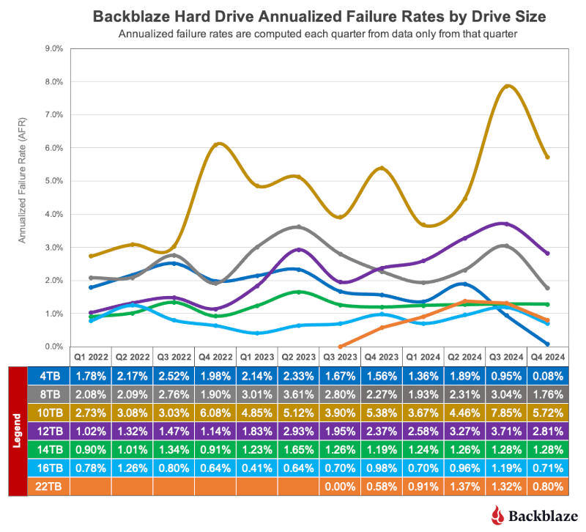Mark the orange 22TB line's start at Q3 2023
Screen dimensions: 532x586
(x=340, y=346)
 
